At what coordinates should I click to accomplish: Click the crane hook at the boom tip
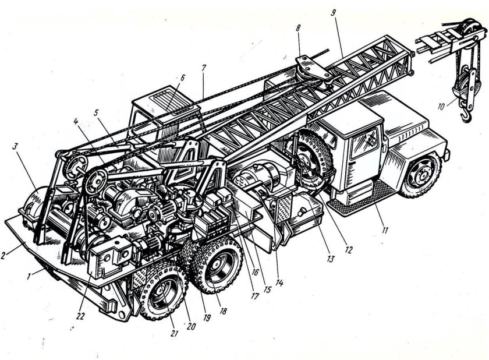pyautogui.click(x=466, y=117)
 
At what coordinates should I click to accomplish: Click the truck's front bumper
pyautogui.click(x=447, y=153)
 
